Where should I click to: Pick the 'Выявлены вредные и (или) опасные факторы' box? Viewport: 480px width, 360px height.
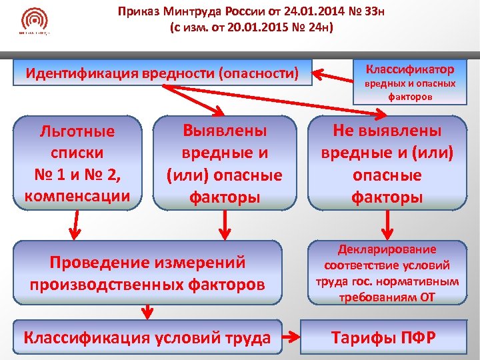225,163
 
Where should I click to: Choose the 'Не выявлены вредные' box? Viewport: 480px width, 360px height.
387,163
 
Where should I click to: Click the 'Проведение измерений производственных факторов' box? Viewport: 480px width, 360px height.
146,273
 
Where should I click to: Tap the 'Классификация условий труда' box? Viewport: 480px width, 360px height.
147,338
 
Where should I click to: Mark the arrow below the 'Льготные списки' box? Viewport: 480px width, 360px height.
75,227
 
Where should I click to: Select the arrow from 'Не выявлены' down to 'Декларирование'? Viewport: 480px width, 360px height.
387,223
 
